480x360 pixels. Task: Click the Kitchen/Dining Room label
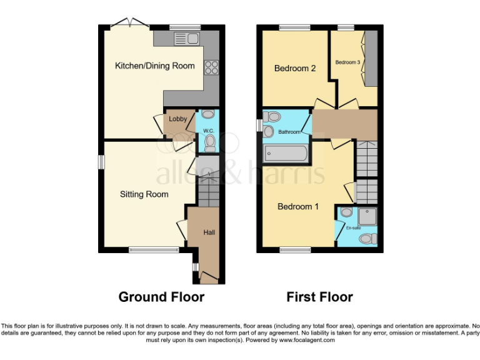coord(154,66)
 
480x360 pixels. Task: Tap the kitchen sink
coord(186,39)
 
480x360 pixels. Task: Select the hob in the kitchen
coord(211,66)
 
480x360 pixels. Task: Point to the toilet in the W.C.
coord(209,144)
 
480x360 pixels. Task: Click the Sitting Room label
coord(144,194)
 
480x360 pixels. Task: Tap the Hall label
coord(209,232)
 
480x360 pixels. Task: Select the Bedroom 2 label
coord(295,68)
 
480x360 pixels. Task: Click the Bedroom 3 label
coord(347,62)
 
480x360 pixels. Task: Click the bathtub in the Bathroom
coord(285,153)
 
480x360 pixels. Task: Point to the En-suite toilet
coord(370,238)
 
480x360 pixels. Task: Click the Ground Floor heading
coord(161,297)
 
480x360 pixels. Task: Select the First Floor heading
coord(319,297)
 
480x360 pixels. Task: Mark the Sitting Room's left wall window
coord(100,161)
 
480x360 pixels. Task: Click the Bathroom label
coord(289,132)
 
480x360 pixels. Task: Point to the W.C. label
coord(209,130)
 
